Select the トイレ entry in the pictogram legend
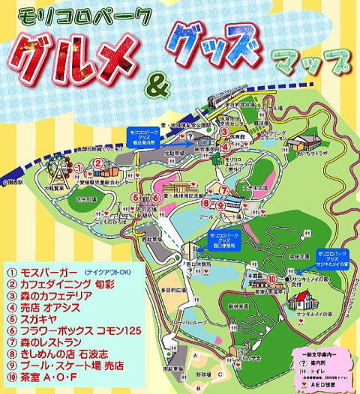tap(324, 369)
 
